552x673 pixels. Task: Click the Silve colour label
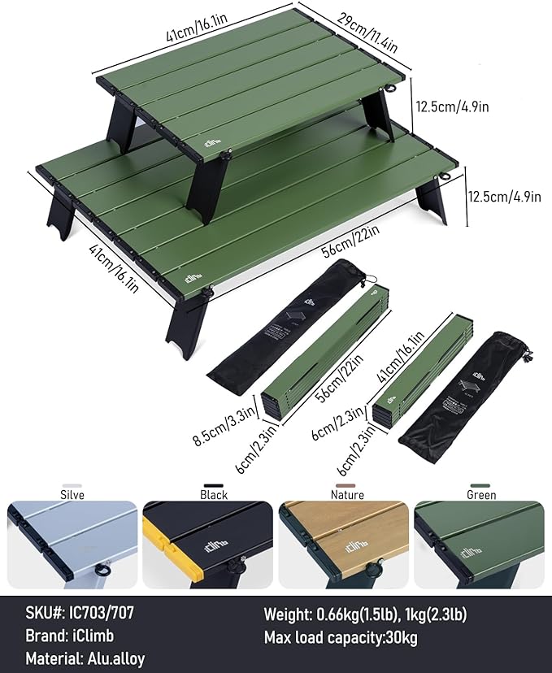click(x=72, y=494)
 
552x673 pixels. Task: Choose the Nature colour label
click(x=347, y=494)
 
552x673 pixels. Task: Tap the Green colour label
click(x=481, y=494)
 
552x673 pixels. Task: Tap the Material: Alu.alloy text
click(x=85, y=659)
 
